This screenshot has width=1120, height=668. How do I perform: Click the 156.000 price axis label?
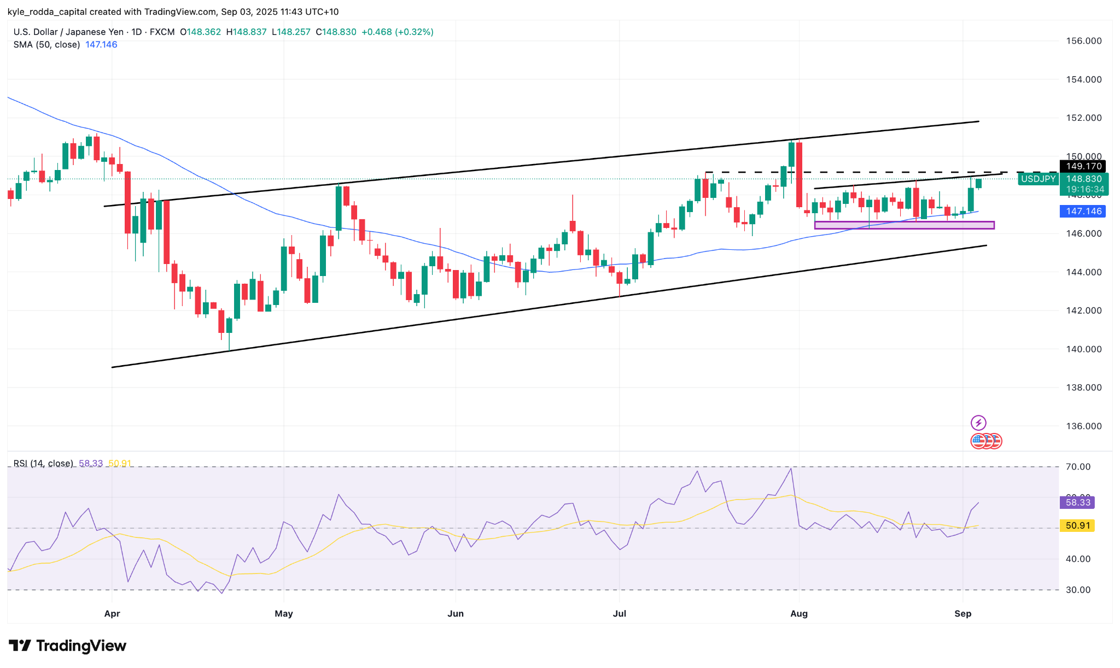click(x=1083, y=41)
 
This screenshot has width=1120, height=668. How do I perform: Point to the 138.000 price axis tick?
click(x=1083, y=388)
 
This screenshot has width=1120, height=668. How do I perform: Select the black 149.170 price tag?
click(x=1083, y=166)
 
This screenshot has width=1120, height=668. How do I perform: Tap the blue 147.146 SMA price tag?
click(x=1083, y=212)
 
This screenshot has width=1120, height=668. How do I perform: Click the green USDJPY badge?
click(x=1038, y=179)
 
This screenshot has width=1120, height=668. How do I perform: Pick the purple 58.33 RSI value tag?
click(x=1077, y=502)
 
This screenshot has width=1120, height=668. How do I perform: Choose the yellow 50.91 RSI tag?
click(x=1077, y=526)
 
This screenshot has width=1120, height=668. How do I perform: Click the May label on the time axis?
click(x=284, y=613)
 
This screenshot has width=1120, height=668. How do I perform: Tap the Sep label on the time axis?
click(x=962, y=613)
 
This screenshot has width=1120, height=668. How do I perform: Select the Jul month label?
click(x=619, y=613)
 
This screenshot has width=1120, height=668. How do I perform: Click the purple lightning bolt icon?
click(x=978, y=423)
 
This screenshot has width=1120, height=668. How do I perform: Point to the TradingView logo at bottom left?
click(x=68, y=646)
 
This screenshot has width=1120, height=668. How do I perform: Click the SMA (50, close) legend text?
click(x=47, y=45)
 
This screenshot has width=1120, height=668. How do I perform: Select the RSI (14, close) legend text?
click(x=43, y=464)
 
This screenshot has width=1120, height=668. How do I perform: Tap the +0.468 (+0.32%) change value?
click(x=398, y=32)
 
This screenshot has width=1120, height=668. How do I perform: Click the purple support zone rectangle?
click(x=904, y=225)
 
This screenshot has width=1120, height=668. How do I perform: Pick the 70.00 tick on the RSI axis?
click(x=1078, y=467)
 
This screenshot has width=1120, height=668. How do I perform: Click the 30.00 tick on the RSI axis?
click(x=1078, y=590)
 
